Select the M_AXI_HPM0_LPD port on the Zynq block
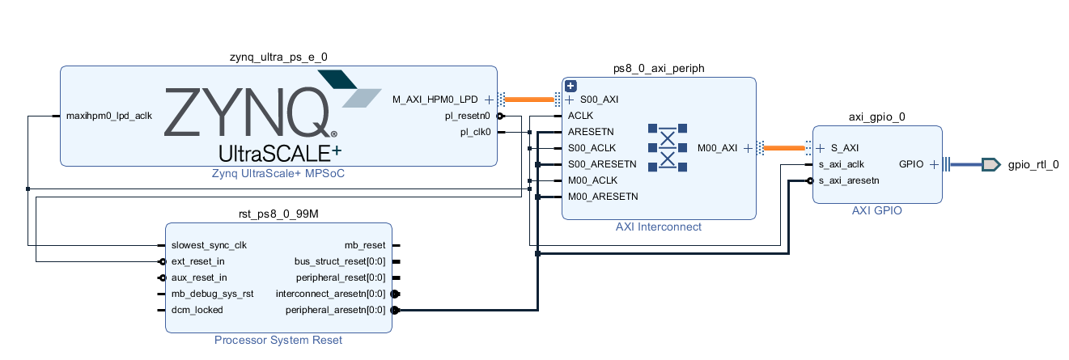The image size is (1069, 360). pyautogui.click(x=435, y=100)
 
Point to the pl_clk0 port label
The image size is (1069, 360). pyautogui.click(x=476, y=132)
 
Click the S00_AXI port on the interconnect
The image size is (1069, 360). pyautogui.click(x=599, y=100)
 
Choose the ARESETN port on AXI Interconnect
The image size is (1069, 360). pyautogui.click(x=591, y=132)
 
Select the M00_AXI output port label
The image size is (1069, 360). pyautogui.click(x=717, y=148)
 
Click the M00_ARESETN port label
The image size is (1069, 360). pyautogui.click(x=603, y=197)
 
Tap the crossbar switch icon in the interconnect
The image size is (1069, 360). pyautogui.click(x=668, y=147)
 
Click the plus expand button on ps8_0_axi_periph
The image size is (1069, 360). pyautogui.click(x=571, y=86)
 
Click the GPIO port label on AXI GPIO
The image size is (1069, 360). pyautogui.click(x=912, y=164)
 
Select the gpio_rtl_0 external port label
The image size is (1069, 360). pyautogui.click(x=1033, y=165)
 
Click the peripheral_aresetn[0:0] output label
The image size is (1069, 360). pyautogui.click(x=336, y=310)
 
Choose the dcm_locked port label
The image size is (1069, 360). pyautogui.click(x=197, y=310)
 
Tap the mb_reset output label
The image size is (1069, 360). pyautogui.click(x=365, y=245)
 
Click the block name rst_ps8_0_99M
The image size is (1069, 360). pyautogui.click(x=278, y=214)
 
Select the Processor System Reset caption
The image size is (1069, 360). pyautogui.click(x=278, y=340)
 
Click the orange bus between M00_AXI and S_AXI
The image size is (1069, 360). pyautogui.click(x=783, y=148)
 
